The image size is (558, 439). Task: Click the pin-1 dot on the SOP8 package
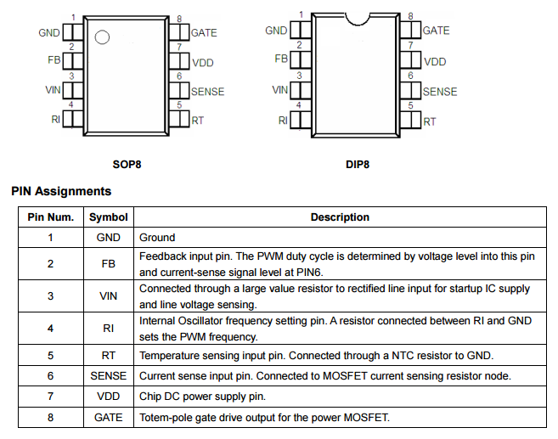click(x=103, y=37)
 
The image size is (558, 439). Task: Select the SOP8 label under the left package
click(x=127, y=163)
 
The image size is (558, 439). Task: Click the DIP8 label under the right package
click(x=358, y=163)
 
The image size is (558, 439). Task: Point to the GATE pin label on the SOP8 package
click(x=204, y=33)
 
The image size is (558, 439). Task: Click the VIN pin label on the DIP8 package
click(x=280, y=90)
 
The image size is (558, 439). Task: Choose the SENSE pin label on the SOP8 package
click(x=208, y=92)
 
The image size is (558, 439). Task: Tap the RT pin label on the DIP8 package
click(x=430, y=121)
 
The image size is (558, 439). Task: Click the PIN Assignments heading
click(x=61, y=191)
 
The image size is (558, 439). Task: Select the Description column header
click(x=340, y=217)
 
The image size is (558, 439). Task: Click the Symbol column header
click(x=109, y=217)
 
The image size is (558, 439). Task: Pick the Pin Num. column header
click(x=50, y=217)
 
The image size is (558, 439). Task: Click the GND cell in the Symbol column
click(x=109, y=238)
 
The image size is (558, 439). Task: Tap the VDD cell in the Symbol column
click(x=109, y=397)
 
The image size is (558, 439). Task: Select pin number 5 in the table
click(x=50, y=355)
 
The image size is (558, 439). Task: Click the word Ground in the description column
click(x=157, y=238)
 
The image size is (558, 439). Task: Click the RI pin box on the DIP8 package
click(x=302, y=120)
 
